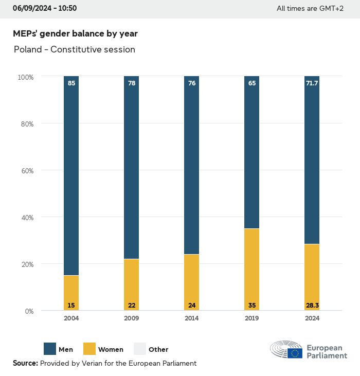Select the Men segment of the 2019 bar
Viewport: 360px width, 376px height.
tap(251, 154)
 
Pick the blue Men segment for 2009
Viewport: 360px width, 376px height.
tap(131, 170)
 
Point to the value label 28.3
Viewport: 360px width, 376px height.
tap(312, 306)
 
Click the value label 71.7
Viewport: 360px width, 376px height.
tap(312, 82)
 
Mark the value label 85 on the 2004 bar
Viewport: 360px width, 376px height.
tap(71, 82)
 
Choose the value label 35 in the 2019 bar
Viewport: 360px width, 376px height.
tap(252, 306)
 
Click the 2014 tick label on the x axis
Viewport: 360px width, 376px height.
tap(191, 318)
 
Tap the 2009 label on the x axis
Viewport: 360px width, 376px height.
tap(131, 318)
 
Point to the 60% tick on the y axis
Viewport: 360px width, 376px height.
tap(26, 170)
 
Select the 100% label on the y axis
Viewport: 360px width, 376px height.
tap(25, 77)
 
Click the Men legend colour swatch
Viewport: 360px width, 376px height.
tap(50, 349)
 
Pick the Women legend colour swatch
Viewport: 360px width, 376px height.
tap(89, 349)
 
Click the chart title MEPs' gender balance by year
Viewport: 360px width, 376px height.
tap(75, 33)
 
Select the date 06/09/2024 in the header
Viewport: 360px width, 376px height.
tap(32, 8)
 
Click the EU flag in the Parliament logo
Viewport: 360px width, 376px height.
tap(295, 353)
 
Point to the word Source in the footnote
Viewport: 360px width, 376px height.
tap(25, 363)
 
